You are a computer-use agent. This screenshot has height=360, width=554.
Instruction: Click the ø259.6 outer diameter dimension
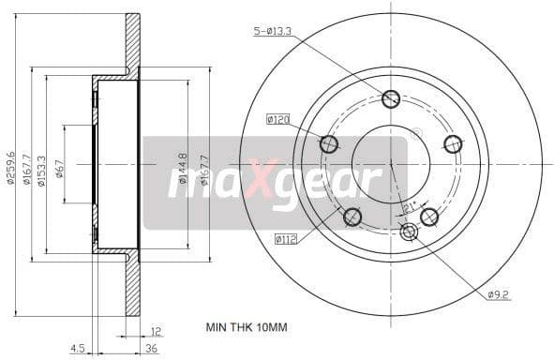[12, 167]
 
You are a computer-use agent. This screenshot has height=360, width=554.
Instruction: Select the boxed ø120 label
[277, 119]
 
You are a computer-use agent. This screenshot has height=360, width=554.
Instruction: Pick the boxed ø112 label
[286, 239]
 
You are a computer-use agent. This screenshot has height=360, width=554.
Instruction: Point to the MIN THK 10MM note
[247, 329]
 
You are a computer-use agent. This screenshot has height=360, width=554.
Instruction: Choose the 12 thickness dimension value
[155, 329]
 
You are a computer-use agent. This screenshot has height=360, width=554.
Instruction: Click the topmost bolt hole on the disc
[392, 98]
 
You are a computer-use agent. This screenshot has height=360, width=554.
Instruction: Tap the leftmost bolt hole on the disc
[329, 144]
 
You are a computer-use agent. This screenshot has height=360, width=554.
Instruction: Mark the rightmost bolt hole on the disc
[453, 143]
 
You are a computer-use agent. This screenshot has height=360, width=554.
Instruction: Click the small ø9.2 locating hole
[408, 232]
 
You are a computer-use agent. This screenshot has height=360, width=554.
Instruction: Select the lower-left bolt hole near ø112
[352, 217]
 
